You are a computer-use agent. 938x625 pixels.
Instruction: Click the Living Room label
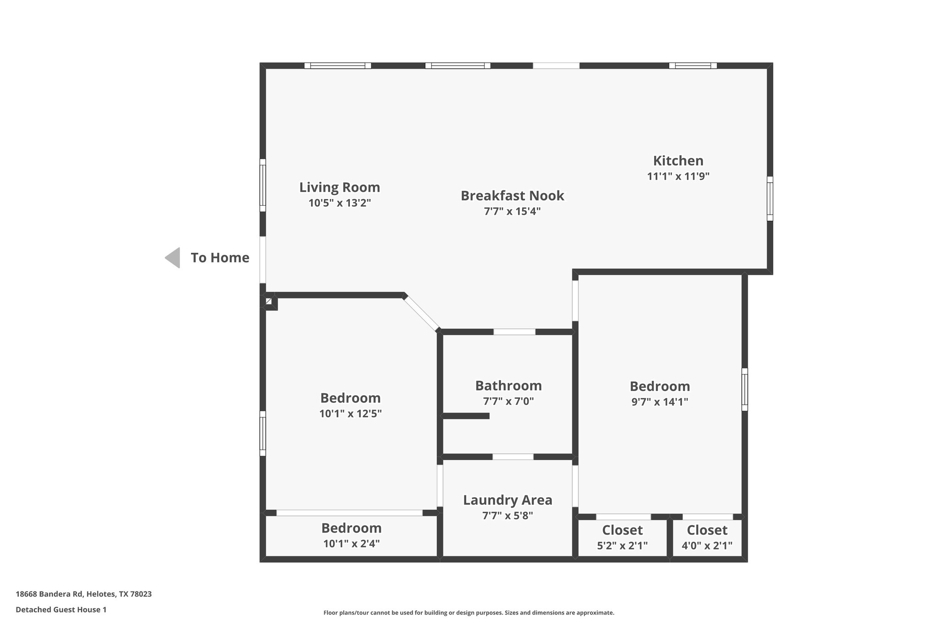(x=339, y=187)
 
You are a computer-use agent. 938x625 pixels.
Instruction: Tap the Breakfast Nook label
(x=512, y=196)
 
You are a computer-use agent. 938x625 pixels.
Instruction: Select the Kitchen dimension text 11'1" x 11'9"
(x=678, y=176)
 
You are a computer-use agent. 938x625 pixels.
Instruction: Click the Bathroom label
(x=508, y=386)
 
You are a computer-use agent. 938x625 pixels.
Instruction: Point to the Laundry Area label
(x=507, y=500)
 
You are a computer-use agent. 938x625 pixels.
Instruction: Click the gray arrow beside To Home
(x=173, y=258)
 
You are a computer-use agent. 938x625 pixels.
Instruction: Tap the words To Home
(x=220, y=258)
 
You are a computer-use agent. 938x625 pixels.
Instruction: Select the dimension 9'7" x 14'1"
(x=660, y=402)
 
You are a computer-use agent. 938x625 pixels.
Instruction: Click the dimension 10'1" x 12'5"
(x=350, y=414)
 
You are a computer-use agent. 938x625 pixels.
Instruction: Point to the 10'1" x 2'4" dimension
(x=351, y=543)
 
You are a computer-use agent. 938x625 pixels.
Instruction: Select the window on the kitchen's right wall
(x=770, y=199)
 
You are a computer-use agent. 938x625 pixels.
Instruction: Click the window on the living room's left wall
(x=263, y=185)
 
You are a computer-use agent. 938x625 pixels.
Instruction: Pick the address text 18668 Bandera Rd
(x=49, y=594)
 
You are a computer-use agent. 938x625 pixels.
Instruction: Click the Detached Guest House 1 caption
(x=61, y=609)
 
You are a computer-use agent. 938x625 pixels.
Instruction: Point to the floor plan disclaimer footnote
(x=469, y=613)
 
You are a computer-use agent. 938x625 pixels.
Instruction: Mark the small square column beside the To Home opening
(x=269, y=302)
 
